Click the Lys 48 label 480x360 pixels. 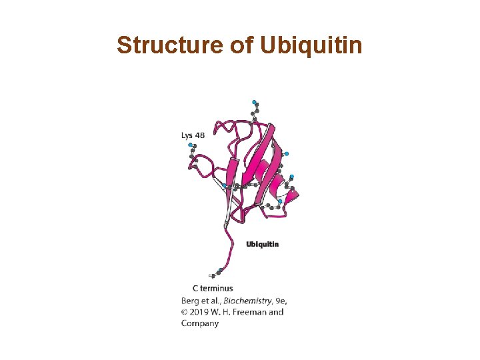(193, 135)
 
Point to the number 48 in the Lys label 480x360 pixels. (200, 135)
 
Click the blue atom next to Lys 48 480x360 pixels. (191, 145)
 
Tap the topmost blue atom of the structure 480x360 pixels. (254, 102)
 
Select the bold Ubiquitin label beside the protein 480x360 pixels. (263, 244)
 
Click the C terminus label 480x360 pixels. (213, 288)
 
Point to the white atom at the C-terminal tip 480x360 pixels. (211, 275)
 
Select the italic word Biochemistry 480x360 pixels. (250, 300)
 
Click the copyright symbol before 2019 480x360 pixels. (185, 311)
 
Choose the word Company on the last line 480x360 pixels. (200, 323)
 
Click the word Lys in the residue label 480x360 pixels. (187, 135)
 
